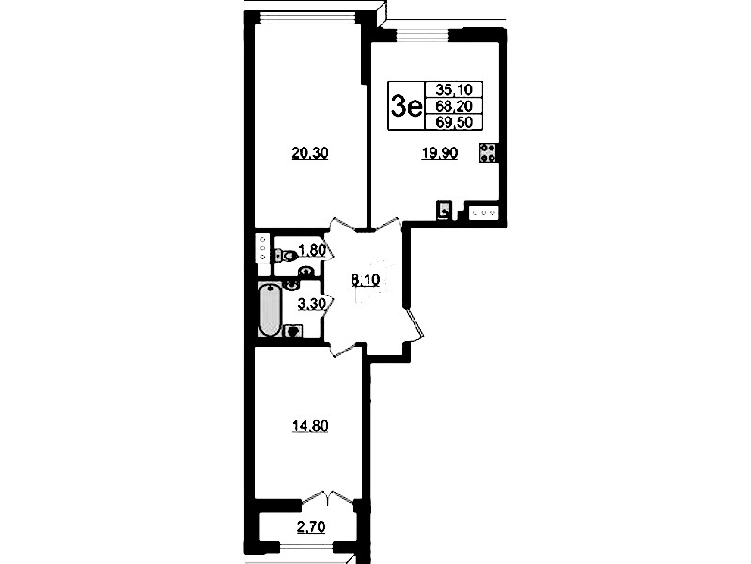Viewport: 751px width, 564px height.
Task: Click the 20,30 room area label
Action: [x=310, y=153]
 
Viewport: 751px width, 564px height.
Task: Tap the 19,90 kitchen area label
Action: [x=439, y=153]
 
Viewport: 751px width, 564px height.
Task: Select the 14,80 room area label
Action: [x=310, y=426]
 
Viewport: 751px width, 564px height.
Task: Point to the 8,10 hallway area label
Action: [x=366, y=280]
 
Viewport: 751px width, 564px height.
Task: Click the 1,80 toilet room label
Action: [x=312, y=250]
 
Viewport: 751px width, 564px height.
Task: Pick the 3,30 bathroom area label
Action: [x=312, y=304]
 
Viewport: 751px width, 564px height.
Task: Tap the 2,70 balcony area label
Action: [x=311, y=527]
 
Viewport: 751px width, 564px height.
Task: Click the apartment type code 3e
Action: [x=406, y=106]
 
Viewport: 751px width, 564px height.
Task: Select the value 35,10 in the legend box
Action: [x=454, y=89]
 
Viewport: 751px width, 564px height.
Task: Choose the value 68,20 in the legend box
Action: [x=454, y=106]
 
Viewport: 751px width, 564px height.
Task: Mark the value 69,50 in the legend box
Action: [x=454, y=122]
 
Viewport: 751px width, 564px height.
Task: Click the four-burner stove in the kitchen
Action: [x=488, y=153]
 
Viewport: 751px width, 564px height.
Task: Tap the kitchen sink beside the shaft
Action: [x=484, y=212]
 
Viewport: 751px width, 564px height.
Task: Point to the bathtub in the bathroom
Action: [x=270, y=309]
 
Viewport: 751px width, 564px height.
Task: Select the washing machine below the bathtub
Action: [x=293, y=331]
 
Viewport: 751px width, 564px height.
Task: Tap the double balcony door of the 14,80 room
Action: [x=328, y=496]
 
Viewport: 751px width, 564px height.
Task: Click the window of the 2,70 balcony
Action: [x=306, y=547]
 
